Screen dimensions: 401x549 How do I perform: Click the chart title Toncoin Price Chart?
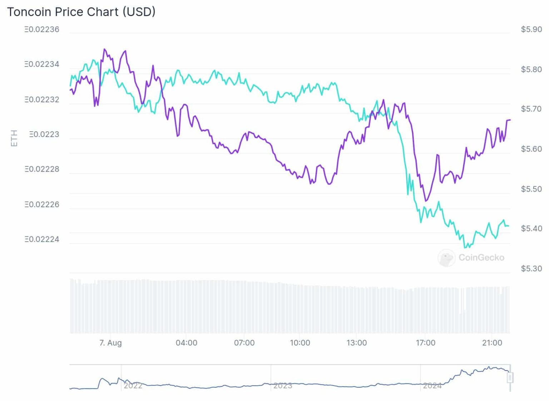coord(81,12)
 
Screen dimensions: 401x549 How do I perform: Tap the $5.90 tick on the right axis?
coord(531,29)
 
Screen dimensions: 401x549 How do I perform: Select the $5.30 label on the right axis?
coord(531,268)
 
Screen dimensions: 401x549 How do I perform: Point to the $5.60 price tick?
coord(531,149)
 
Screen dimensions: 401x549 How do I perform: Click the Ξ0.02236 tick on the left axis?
coord(42,29)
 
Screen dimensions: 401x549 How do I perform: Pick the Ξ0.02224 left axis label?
coord(42,239)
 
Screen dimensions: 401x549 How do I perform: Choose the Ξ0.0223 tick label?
coord(44,135)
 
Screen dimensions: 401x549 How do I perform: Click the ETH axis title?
coord(14,138)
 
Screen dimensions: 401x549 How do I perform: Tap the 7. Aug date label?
coord(110,343)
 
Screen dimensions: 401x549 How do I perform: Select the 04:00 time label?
coord(186,343)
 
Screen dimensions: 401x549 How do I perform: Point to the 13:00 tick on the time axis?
coord(356,343)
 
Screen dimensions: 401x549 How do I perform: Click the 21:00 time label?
coord(492,343)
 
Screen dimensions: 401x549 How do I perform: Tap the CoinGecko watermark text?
coord(481,258)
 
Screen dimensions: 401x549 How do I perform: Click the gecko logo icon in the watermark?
coord(446,258)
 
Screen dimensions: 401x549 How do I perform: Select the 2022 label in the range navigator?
coord(133,386)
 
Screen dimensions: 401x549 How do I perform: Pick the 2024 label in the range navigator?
coord(432,386)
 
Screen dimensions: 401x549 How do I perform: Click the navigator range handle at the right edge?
coord(510,377)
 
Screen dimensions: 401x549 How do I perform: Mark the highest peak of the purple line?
coord(104,49)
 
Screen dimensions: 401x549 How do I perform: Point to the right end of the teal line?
coord(508,226)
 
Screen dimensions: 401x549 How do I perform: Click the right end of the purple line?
coord(510,120)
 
